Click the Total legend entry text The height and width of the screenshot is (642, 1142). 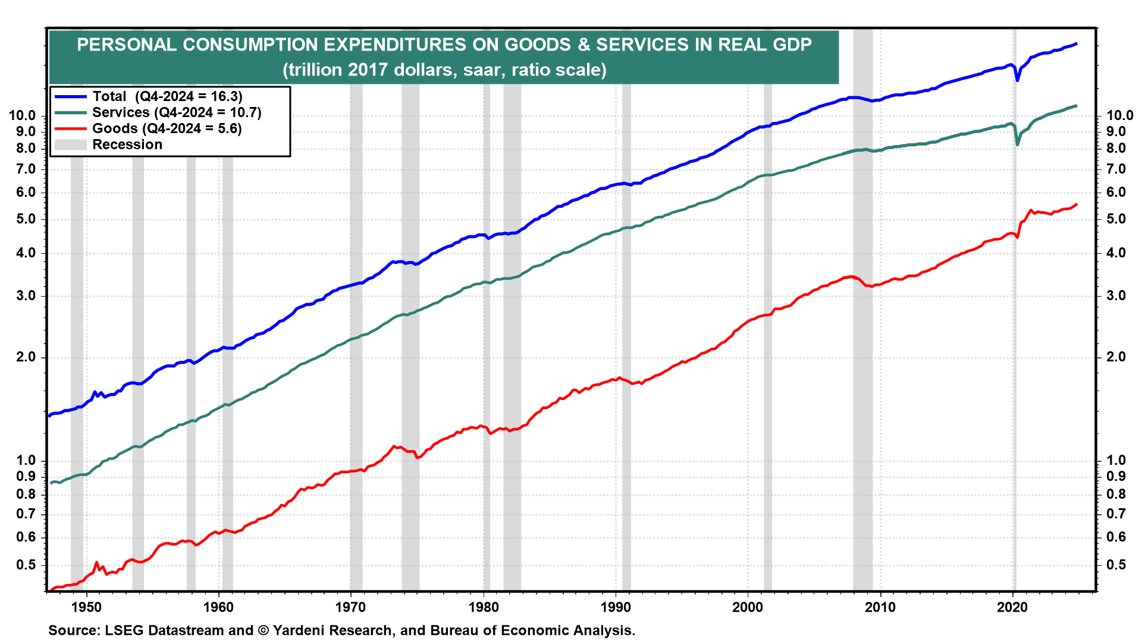click(167, 96)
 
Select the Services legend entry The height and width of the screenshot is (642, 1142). click(177, 112)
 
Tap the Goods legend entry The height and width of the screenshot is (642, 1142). click(167, 128)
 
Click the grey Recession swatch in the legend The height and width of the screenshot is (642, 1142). click(70, 144)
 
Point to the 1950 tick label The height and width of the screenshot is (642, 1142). click(87, 607)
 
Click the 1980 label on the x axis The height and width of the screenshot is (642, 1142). click(484, 607)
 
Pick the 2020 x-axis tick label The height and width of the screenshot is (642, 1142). click(1012, 607)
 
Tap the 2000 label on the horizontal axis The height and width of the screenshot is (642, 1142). click(748, 607)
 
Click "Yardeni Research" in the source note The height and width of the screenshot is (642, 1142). click(332, 631)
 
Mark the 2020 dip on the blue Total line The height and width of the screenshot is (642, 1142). click(1017, 80)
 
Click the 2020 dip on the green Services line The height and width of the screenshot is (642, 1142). click(1017, 144)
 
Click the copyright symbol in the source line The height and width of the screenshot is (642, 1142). click(263, 631)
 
